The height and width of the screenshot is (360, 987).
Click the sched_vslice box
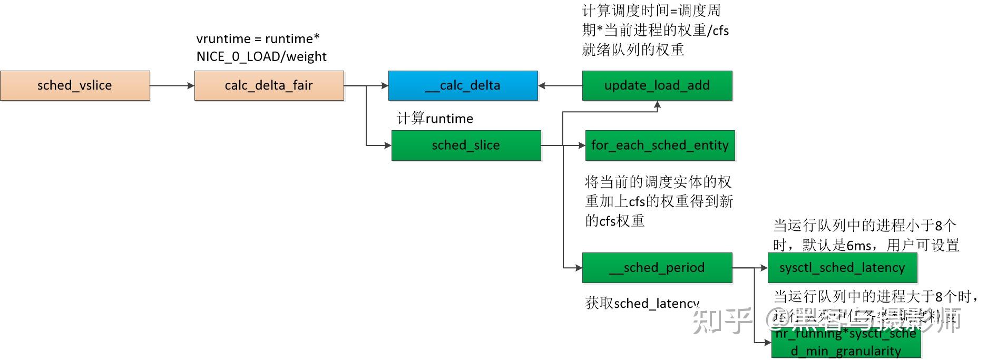coord(75,85)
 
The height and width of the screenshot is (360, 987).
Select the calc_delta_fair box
coord(269,85)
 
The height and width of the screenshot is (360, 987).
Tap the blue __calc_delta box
coord(463,85)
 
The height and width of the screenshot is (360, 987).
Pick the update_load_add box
coord(657,85)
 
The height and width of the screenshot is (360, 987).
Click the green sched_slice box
coord(466,145)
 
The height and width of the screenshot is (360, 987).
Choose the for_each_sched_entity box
coord(660,145)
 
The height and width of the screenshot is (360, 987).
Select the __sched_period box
coord(657,268)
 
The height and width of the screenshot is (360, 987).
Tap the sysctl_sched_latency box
coord(842,268)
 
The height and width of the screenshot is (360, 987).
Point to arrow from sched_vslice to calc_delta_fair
coord(172,85)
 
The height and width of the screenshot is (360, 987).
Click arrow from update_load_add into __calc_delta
coord(560,85)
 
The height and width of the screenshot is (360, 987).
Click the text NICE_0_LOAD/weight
coord(261,56)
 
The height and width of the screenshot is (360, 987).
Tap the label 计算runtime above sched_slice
coord(435,119)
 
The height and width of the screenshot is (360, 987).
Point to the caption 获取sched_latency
coord(642,303)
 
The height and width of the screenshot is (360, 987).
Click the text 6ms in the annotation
coord(859,245)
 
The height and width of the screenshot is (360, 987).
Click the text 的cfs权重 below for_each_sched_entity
coord(615,221)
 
